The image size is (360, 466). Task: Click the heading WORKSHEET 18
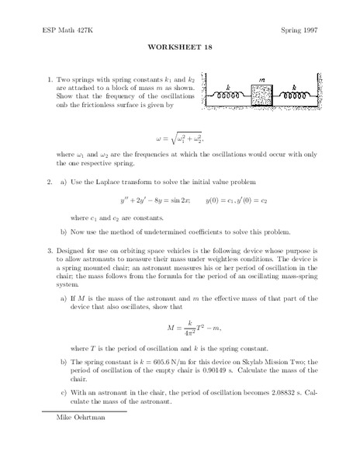[x=179, y=45]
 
